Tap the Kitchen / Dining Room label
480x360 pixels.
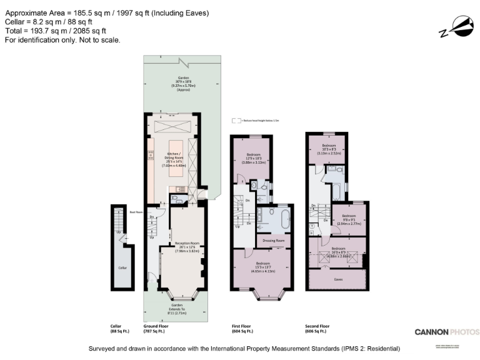(x=174, y=157)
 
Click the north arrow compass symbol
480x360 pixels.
(x=456, y=29)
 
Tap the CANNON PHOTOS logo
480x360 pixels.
(x=447, y=332)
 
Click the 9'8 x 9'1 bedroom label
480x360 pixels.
(x=349, y=219)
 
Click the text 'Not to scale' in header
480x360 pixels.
(x=95, y=39)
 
